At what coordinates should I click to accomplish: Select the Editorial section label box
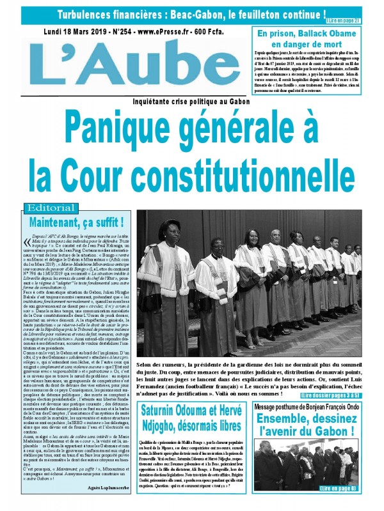pyautogui.click(x=51, y=208)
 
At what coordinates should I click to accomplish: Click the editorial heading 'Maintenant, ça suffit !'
pyautogui.click(x=76, y=222)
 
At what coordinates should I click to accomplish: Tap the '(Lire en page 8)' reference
pyautogui.click(x=356, y=488)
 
